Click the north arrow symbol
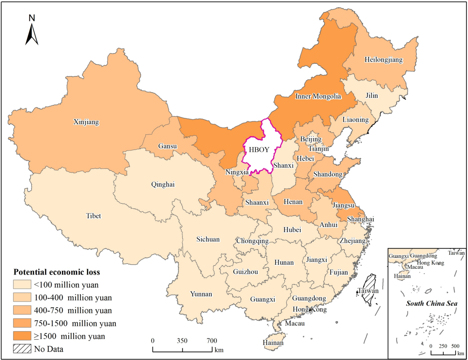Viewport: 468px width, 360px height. pos(32,33)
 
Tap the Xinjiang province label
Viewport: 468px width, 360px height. pos(86,122)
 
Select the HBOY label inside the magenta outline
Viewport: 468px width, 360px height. pos(257,150)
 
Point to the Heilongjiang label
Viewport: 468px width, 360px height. pos(383,60)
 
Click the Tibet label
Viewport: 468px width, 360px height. pos(93,216)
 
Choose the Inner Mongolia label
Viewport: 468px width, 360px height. pos(318,96)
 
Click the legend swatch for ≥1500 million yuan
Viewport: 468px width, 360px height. pos(22,335)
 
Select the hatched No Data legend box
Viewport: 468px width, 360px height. pos(22,348)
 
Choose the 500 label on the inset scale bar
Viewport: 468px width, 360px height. pos(455,346)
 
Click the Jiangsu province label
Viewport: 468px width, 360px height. pos(343,205)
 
